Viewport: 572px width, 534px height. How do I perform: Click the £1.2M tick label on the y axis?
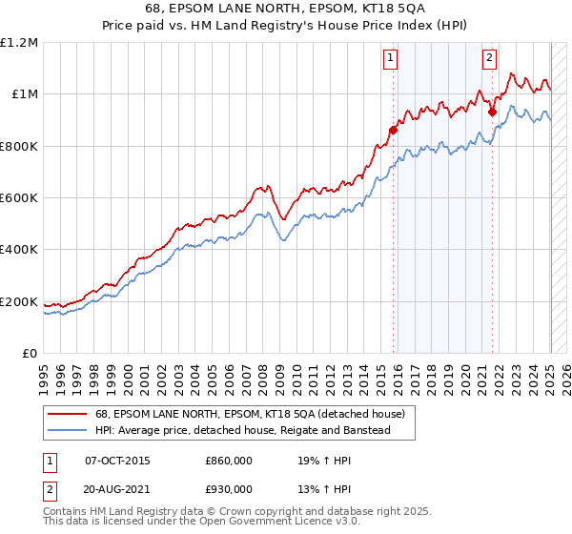tap(19, 42)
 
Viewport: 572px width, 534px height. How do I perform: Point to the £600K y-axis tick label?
tap(19, 197)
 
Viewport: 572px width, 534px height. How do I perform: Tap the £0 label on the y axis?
tap(31, 353)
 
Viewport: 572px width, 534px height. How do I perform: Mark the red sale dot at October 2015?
tap(393, 131)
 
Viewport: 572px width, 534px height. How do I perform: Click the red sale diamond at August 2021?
tap(492, 113)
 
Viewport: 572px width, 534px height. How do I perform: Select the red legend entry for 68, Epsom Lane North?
tap(250, 414)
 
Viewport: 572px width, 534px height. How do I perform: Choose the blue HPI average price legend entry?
tap(255, 430)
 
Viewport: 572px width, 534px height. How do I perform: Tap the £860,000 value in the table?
tap(229, 461)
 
